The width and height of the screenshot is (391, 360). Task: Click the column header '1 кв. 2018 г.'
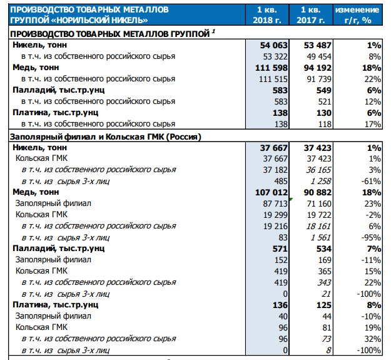[x=267, y=15]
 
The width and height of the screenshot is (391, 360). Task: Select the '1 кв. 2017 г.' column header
[x=311, y=15]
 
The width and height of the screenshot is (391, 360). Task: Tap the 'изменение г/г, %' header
[x=357, y=15]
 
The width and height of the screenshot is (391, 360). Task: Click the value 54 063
[x=274, y=46]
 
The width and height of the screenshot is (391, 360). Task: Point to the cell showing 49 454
[x=319, y=56]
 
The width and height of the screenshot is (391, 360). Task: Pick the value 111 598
[x=272, y=68]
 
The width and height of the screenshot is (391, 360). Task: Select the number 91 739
[x=319, y=79]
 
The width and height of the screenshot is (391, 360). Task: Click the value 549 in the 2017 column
[x=323, y=90]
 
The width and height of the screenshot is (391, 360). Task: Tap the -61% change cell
[x=371, y=181]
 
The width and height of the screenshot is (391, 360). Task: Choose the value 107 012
[x=272, y=192]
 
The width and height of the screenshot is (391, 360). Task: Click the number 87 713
[x=275, y=203]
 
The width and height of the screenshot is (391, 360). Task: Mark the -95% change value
[x=371, y=237]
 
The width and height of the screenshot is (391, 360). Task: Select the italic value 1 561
[x=321, y=237]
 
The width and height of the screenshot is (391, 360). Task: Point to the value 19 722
[x=319, y=215]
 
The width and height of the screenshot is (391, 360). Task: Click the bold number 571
[x=280, y=249]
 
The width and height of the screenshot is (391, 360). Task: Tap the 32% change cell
[x=373, y=339]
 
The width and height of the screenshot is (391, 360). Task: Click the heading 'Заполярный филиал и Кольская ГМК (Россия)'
[x=105, y=136]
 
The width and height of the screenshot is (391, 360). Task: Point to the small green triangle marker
[x=291, y=199]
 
